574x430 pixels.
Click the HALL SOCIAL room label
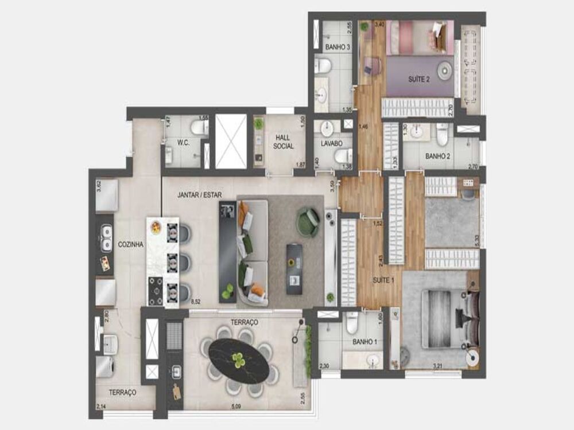284,142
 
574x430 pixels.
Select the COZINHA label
131,244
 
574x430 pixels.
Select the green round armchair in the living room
308,222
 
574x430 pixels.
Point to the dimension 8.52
195,300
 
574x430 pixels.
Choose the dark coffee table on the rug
294,268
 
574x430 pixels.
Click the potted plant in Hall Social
259,124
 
